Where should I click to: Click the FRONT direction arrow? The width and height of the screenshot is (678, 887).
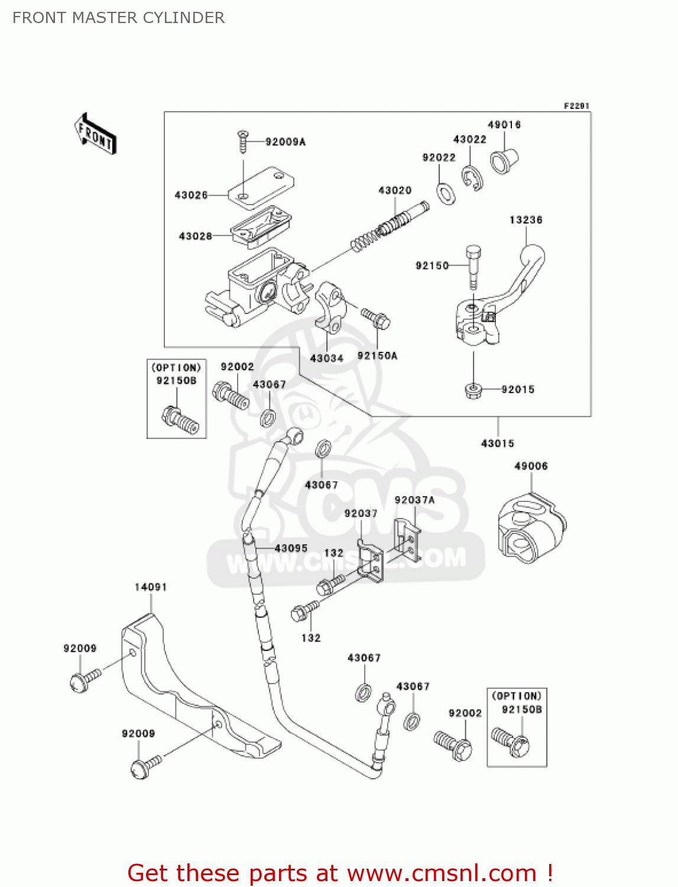pos(95,134)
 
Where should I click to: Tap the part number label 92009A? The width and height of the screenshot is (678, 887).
pos(286,142)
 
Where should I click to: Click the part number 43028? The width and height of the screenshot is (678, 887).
pos(195,237)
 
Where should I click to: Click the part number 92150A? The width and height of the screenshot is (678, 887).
pos(377,356)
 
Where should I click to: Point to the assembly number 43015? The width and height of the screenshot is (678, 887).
pos(497,444)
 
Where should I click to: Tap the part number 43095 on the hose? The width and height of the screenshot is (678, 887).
pos(291,549)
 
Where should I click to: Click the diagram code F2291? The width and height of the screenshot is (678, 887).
pos(576,106)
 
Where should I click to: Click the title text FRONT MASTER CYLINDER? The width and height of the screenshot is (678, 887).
pos(118,18)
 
